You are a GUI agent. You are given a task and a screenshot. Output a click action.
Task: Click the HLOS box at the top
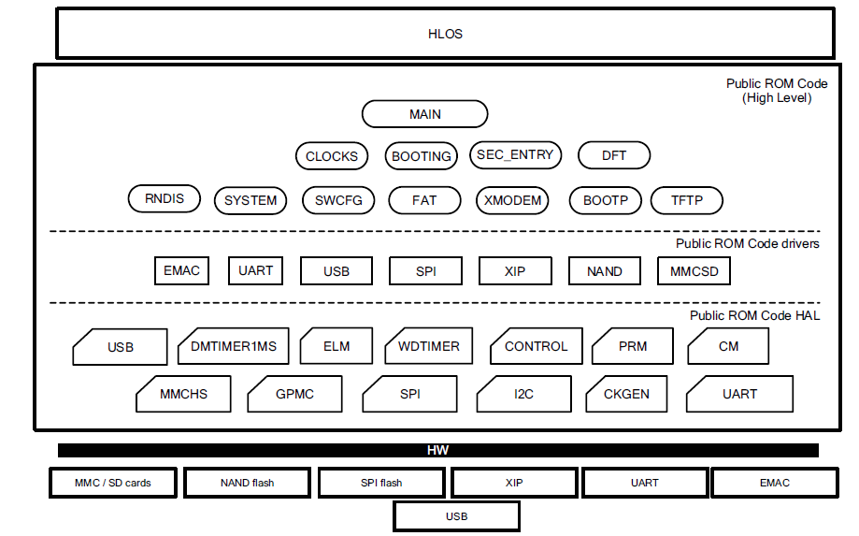(x=445, y=35)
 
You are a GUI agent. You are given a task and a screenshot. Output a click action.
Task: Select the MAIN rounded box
(x=424, y=114)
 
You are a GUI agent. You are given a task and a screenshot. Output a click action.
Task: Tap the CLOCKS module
(x=332, y=156)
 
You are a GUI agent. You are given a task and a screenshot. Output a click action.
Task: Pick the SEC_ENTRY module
(x=515, y=155)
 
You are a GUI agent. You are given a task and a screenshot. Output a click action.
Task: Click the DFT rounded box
(x=614, y=156)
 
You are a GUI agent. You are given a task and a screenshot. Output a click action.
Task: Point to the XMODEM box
(x=511, y=200)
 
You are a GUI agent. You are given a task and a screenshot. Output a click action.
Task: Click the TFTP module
(x=686, y=200)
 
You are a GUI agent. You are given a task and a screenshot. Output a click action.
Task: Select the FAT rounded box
(x=424, y=200)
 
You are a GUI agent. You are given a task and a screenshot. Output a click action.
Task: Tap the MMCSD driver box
(x=694, y=271)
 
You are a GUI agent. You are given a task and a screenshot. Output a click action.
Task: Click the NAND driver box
(x=605, y=271)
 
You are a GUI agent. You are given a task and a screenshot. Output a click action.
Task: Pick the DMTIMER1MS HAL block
(x=234, y=346)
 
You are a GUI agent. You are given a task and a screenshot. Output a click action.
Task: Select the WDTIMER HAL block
(x=429, y=346)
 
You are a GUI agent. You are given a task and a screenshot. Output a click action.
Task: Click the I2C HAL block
(x=523, y=394)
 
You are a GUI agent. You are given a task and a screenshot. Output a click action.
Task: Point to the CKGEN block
(x=626, y=394)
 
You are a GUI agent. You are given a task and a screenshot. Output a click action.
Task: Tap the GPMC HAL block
(x=294, y=394)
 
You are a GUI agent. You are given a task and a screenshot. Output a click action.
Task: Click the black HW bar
(x=437, y=451)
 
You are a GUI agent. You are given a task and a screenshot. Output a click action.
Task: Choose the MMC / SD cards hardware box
(x=113, y=483)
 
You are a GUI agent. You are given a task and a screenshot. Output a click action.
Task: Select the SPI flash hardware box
(x=381, y=483)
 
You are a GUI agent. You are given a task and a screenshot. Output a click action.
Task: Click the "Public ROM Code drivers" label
(x=748, y=244)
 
